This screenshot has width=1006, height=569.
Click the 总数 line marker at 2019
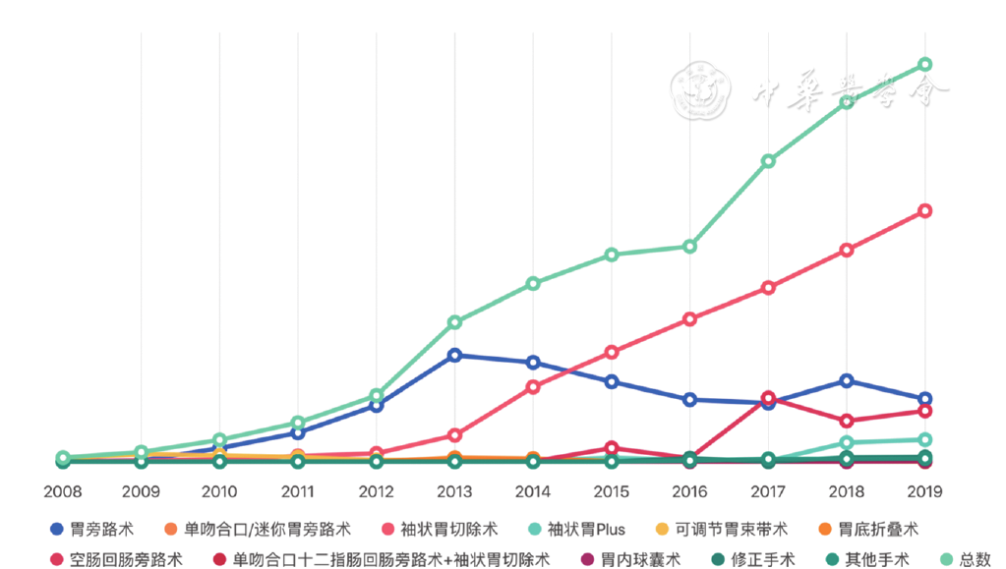(x=924, y=65)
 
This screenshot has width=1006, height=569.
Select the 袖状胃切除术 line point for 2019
(x=924, y=211)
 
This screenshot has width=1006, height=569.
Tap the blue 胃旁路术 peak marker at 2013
(x=454, y=355)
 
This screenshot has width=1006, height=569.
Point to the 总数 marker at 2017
(x=768, y=161)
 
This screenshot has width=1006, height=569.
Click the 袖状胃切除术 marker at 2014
(x=533, y=387)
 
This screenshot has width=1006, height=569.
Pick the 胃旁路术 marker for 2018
(x=846, y=380)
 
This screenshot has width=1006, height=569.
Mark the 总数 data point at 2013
(x=454, y=322)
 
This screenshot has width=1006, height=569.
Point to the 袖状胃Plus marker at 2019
(x=924, y=440)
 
